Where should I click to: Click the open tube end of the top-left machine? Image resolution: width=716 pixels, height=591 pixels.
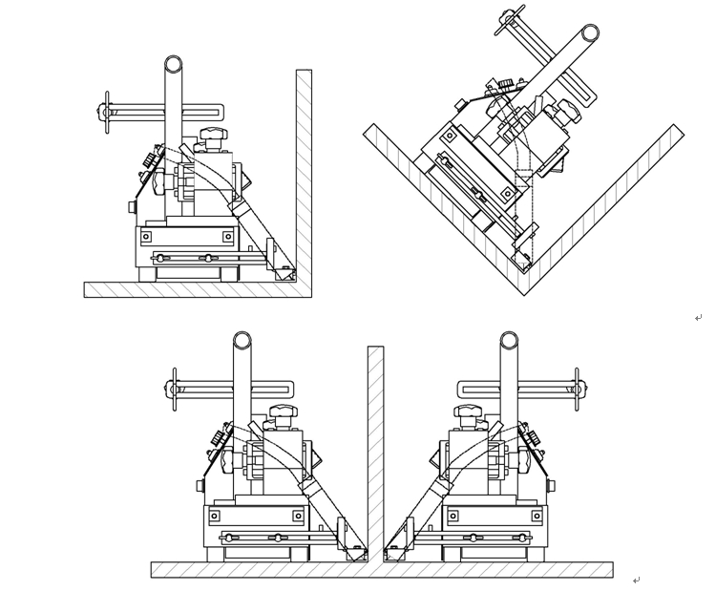[173, 65]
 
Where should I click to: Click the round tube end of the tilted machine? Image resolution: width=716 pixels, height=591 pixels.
[590, 33]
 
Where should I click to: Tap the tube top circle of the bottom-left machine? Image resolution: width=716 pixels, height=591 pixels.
[242, 341]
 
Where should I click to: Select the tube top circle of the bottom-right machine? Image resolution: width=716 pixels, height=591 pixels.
[509, 341]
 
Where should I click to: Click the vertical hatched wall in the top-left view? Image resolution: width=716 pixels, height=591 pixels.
[304, 172]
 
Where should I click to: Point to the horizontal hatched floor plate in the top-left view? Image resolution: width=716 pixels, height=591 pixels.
[191, 289]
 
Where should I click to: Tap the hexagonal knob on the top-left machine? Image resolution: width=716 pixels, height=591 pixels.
[212, 135]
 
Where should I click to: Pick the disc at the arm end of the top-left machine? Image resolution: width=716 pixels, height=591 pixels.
[107, 112]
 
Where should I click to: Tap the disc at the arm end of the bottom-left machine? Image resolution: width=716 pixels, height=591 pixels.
[174, 389]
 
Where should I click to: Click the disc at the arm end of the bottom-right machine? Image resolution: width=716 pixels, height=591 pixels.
[577, 389]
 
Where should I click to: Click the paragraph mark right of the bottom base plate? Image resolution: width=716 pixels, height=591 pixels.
[636, 580]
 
